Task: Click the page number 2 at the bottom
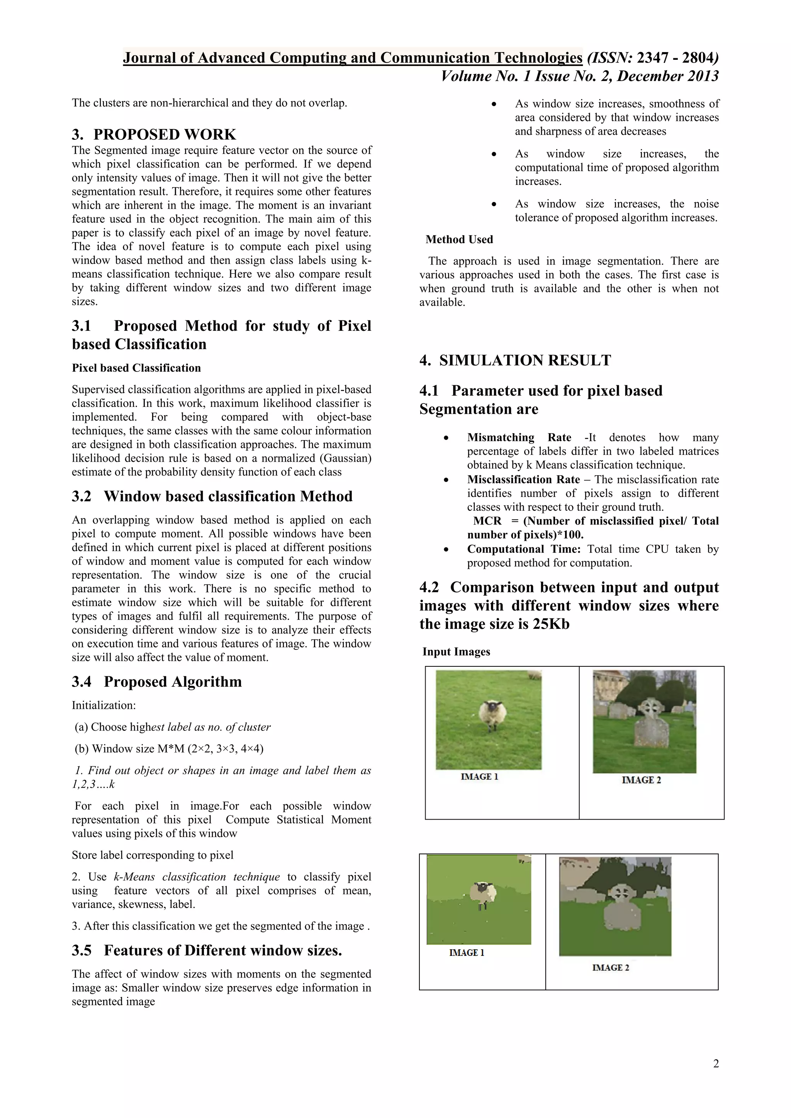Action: pyautogui.click(x=716, y=1064)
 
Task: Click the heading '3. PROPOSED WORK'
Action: pyautogui.click(x=154, y=134)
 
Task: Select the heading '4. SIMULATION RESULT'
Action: pyautogui.click(x=515, y=360)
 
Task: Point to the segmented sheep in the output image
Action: pyautogui.click(x=483, y=894)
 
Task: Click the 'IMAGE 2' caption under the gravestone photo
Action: pyautogui.click(x=641, y=780)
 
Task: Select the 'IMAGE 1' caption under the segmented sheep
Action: pyautogui.click(x=466, y=952)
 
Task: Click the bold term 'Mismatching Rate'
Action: pyautogui.click(x=519, y=437)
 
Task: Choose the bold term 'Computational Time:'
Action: pyautogui.click(x=524, y=549)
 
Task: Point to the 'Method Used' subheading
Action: pyautogui.click(x=459, y=240)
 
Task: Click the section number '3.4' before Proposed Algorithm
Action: pyautogui.click(x=81, y=682)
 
